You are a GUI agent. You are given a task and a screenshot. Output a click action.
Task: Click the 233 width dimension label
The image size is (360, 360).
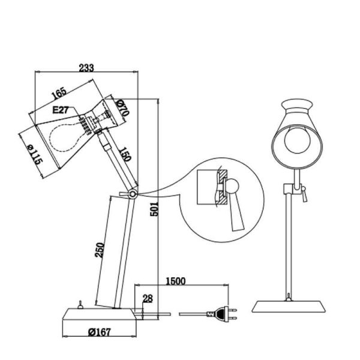(x=86, y=68)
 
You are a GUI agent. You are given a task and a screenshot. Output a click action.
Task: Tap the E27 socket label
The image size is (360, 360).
(x=61, y=110)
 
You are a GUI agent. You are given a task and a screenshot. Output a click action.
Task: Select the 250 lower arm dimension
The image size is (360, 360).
(x=101, y=250)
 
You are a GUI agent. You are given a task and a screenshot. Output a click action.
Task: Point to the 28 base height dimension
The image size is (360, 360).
(x=147, y=299)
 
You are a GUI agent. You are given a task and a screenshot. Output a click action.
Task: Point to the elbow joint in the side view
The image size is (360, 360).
(x=131, y=193)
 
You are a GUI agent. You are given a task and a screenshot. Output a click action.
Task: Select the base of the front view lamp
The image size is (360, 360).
(x=290, y=306)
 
